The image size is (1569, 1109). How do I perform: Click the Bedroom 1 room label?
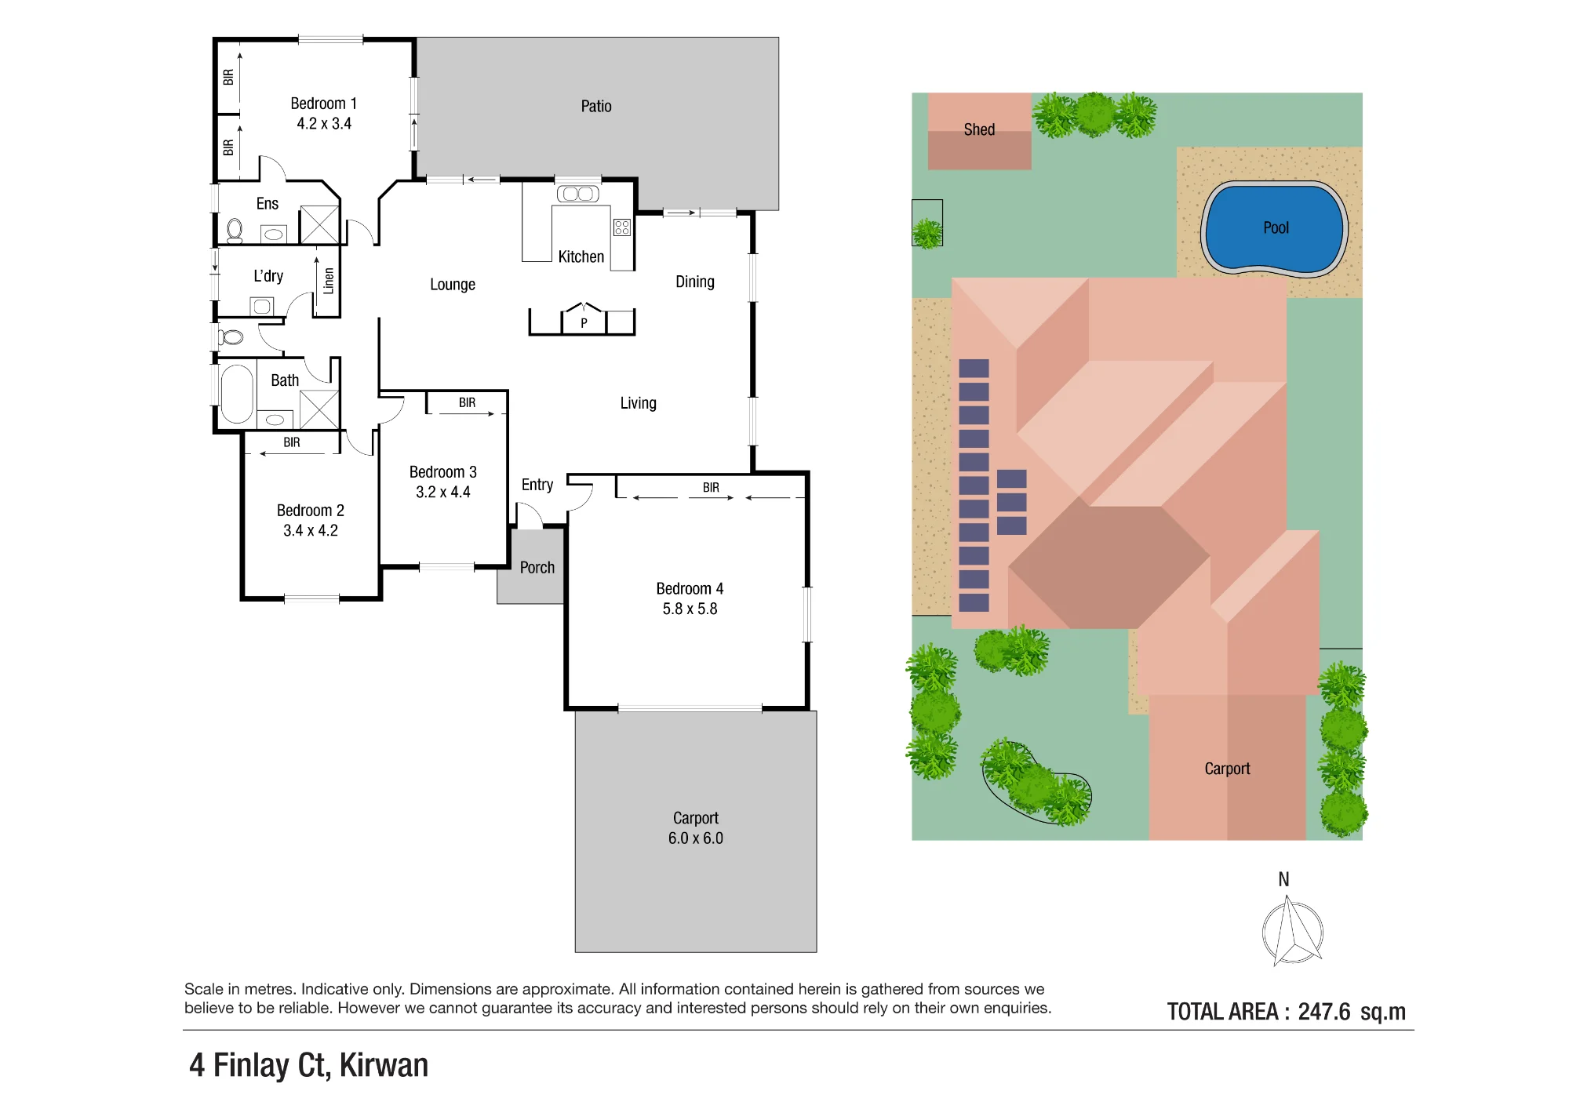coord(323,104)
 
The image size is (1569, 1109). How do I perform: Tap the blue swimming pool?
coord(1275,227)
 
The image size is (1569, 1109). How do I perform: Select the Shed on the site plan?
coord(979,131)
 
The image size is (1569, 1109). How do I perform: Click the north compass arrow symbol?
coord(1292,933)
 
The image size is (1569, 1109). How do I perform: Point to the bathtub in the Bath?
coord(237,393)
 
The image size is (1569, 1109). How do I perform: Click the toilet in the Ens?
coord(235,231)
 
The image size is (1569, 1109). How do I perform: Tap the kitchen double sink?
coord(578,194)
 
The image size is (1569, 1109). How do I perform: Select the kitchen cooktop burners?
coord(622,227)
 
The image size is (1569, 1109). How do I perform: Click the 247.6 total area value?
coord(1324,1012)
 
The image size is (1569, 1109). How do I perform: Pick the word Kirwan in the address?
coord(384,1065)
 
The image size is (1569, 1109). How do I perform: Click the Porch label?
coord(537,567)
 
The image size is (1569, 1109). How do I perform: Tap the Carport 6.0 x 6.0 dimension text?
coord(696,838)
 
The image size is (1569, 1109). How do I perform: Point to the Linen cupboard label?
coord(329,281)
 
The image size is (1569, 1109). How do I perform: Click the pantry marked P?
coord(584,319)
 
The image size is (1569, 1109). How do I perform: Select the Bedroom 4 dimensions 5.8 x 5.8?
coord(690,609)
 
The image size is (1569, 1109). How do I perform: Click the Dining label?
coord(695,282)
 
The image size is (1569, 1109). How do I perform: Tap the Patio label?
coord(596,106)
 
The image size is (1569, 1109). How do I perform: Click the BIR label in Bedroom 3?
coord(468,402)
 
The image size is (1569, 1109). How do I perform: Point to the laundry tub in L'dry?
coord(262,306)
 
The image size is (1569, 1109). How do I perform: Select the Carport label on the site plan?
coord(1228,769)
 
